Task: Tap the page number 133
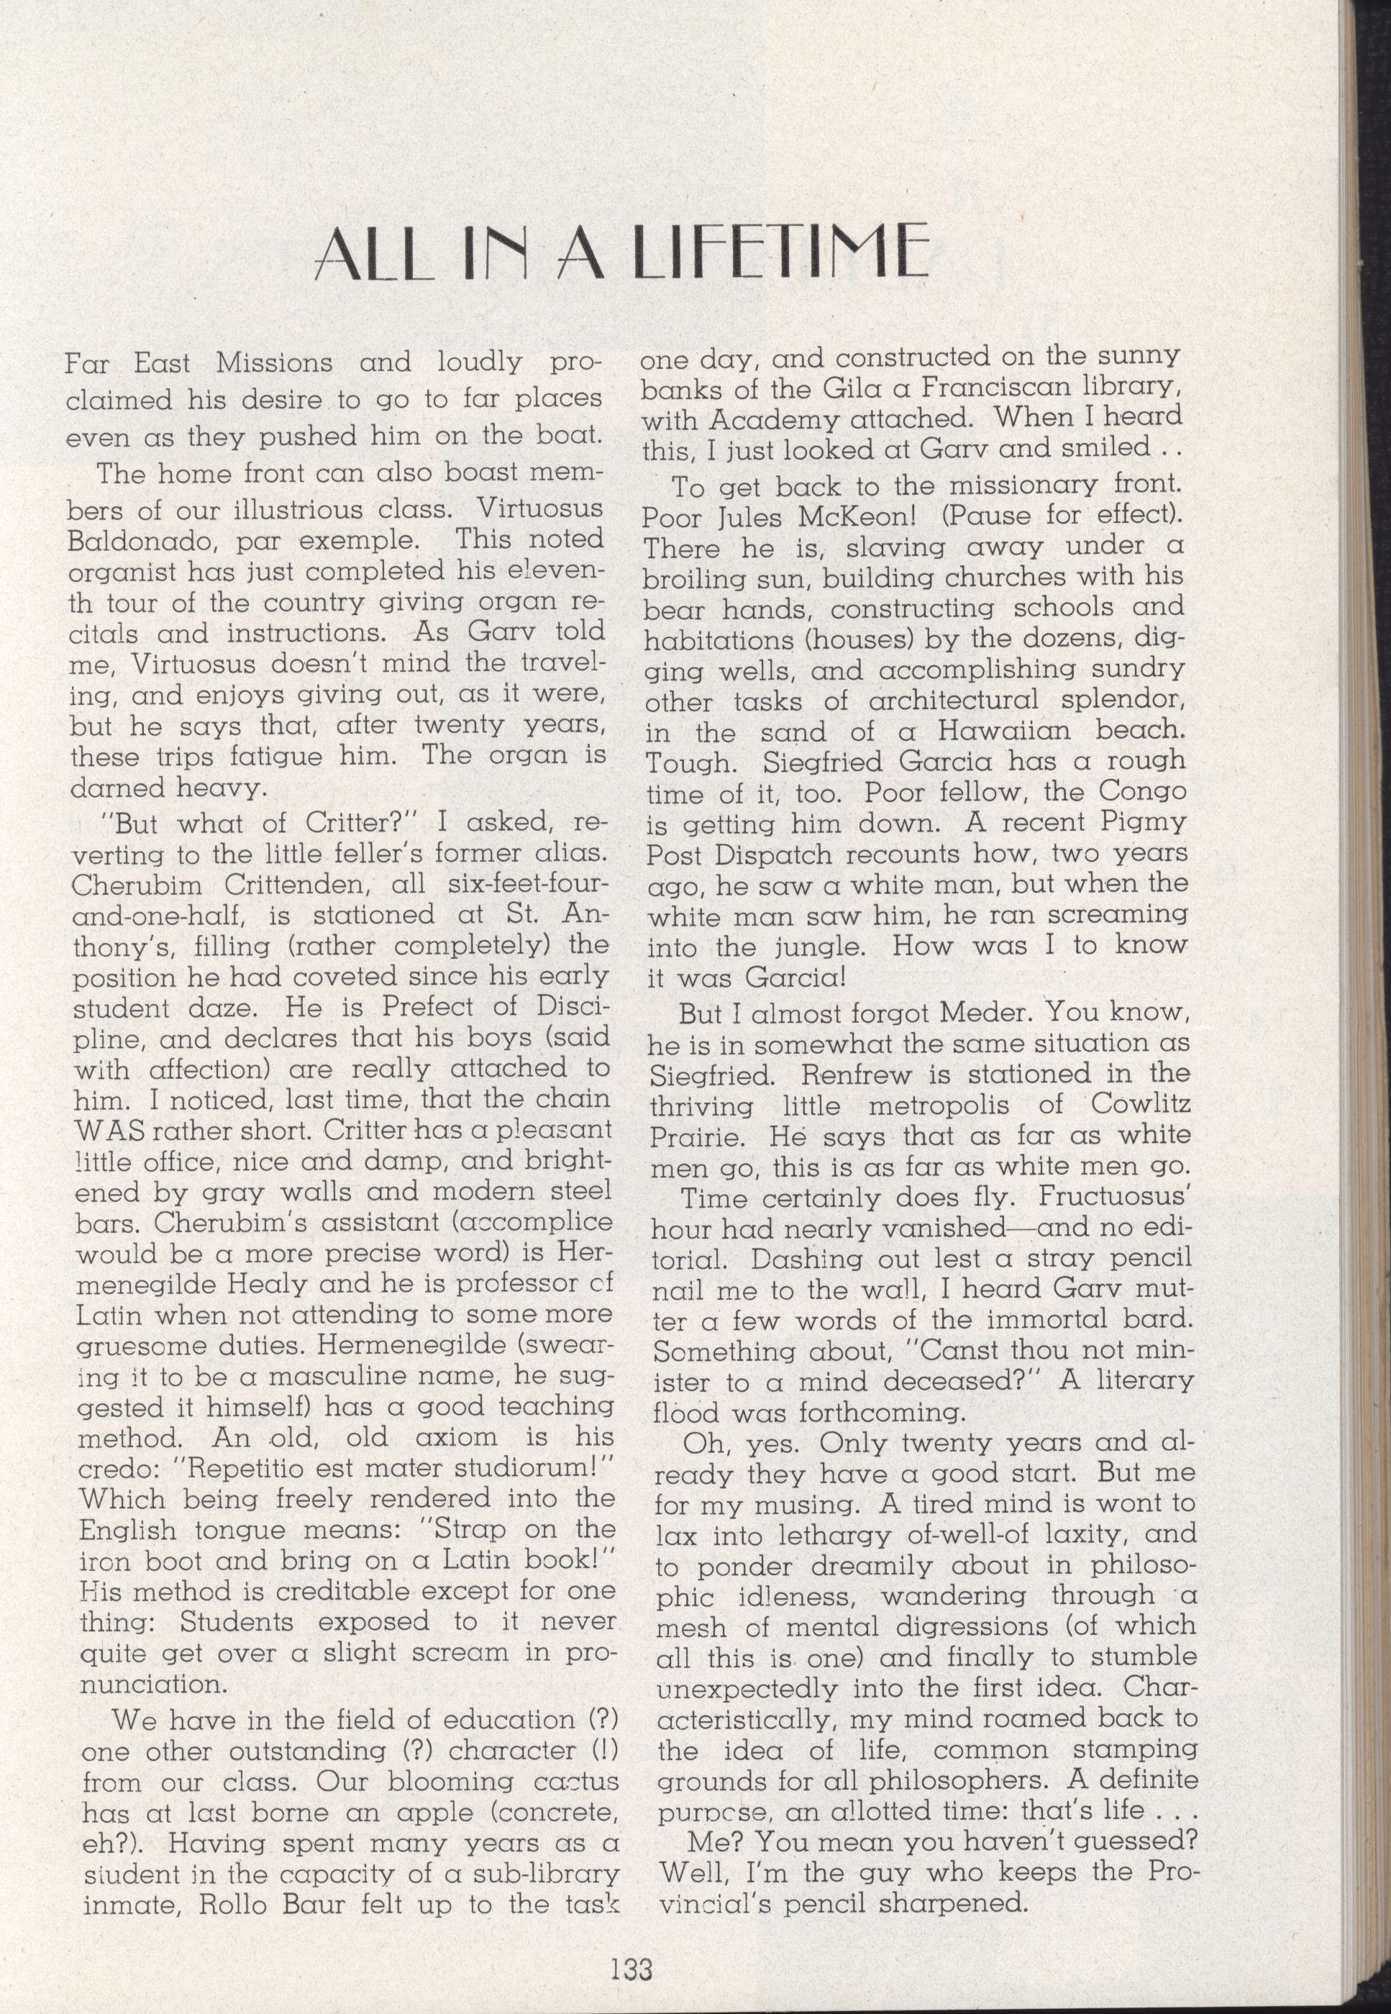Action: tap(632, 1944)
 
